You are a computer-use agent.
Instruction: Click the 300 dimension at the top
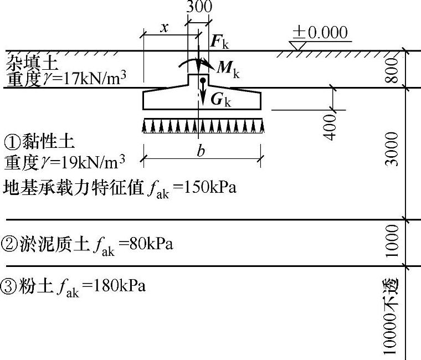pyautogui.click(x=199, y=7)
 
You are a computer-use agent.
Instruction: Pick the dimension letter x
pyautogui.click(x=165, y=28)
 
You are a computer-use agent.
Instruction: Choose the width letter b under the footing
pyautogui.click(x=200, y=153)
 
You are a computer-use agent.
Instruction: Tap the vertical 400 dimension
pyautogui.click(x=331, y=127)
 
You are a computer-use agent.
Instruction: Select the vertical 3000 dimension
pyautogui.click(x=392, y=148)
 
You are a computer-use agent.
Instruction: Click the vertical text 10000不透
pyautogui.click(x=392, y=316)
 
